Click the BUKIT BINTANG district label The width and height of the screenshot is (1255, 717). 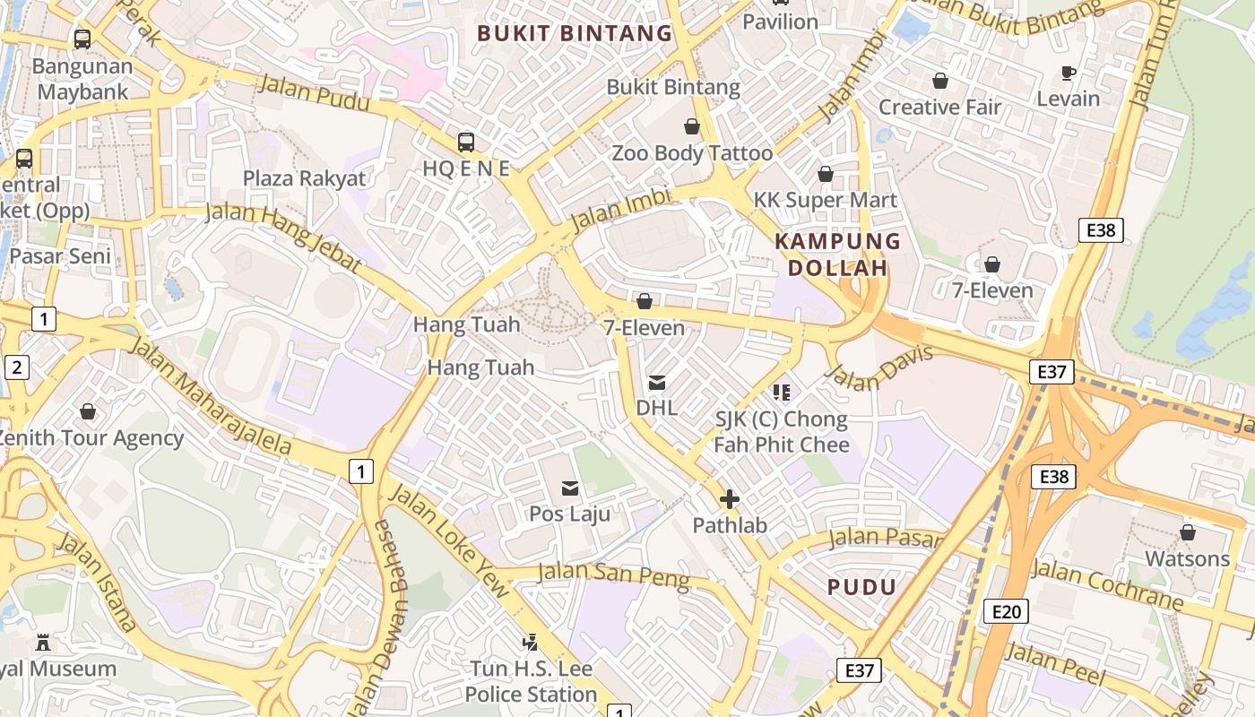574,34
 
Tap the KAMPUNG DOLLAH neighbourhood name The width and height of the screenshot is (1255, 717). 837,255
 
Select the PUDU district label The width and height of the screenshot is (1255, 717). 861,587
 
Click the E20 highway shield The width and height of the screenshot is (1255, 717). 1006,611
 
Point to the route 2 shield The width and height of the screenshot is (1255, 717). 16,367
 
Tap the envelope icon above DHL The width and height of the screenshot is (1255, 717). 657,383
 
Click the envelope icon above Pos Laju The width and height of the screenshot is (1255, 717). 570,488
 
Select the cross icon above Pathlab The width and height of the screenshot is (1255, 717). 730,499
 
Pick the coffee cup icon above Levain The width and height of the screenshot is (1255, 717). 1068,73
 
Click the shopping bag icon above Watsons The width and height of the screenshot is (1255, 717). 1188,532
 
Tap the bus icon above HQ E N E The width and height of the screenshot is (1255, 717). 465,142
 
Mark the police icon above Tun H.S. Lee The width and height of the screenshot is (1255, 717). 531,642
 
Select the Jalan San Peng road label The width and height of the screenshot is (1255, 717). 613,574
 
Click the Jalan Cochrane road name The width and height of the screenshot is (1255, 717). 1107,583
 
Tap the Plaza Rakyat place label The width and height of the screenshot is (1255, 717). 305,178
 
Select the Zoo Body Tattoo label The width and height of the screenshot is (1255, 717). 692,153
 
